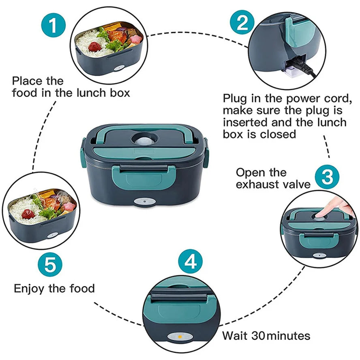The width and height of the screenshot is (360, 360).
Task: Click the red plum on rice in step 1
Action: coord(95,46)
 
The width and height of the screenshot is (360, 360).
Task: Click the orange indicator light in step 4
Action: coord(180,337)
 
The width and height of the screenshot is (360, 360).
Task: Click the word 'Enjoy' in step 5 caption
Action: coord(30,289)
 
